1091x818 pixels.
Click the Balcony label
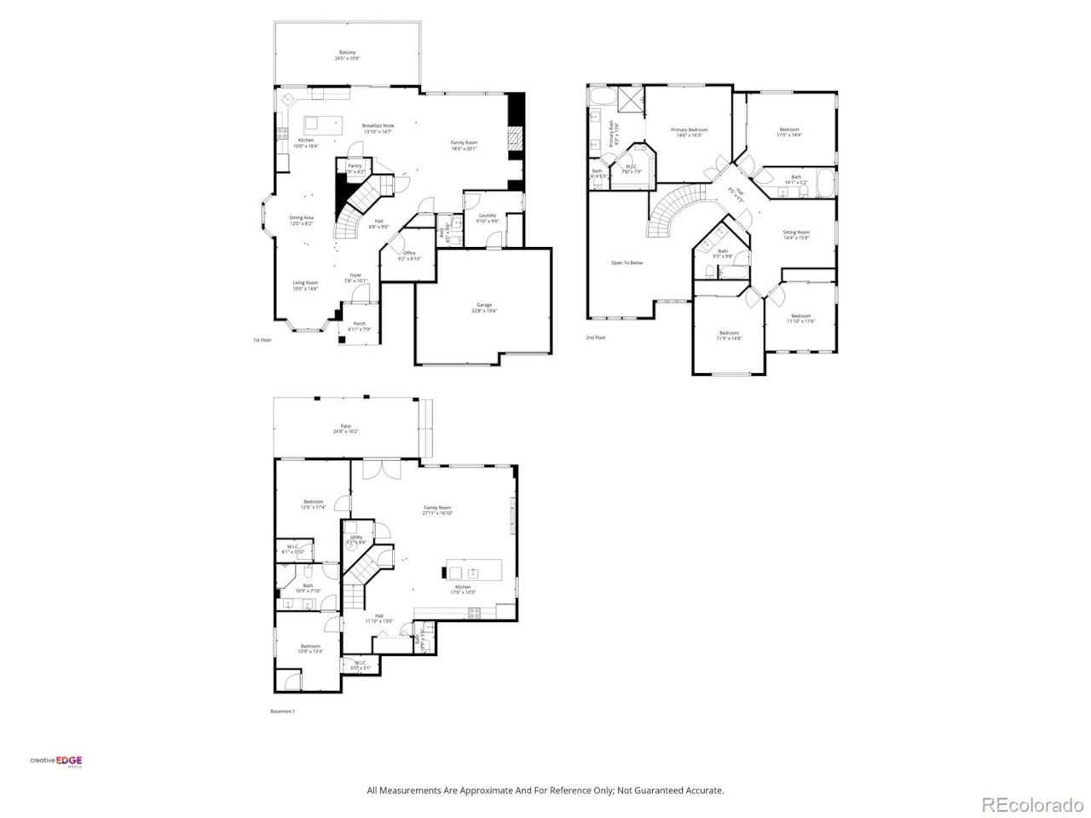(x=347, y=53)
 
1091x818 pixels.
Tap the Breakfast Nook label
(x=378, y=125)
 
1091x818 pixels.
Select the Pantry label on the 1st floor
(x=355, y=166)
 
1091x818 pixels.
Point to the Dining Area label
(x=301, y=218)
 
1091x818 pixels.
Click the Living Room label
(x=305, y=283)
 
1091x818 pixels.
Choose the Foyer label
(x=355, y=275)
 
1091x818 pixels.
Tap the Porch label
(x=359, y=324)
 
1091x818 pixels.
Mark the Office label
(x=409, y=253)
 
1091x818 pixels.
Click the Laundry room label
(x=487, y=216)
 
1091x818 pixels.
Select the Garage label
(x=484, y=305)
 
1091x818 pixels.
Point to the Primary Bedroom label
(x=689, y=130)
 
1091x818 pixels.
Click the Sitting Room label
(x=796, y=232)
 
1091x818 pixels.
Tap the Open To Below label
(x=626, y=262)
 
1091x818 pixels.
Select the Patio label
(x=345, y=426)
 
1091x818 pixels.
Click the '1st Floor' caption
(x=262, y=340)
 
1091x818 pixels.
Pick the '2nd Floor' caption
(x=595, y=337)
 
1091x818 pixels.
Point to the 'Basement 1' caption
(x=282, y=711)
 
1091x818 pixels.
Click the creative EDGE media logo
(x=56, y=762)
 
